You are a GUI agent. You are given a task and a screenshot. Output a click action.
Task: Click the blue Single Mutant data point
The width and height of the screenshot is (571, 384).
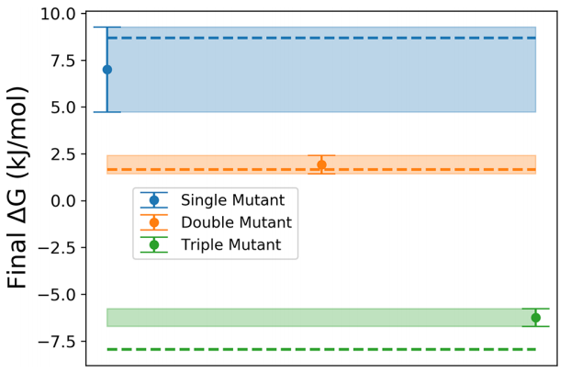107,70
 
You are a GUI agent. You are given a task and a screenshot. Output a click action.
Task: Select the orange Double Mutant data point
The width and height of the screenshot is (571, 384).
321,164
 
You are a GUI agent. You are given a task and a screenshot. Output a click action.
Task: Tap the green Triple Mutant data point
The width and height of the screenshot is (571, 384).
536,318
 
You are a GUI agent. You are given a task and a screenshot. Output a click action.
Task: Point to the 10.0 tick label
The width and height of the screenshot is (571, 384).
58,14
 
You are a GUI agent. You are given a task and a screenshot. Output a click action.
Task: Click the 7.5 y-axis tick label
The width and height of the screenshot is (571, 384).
63,61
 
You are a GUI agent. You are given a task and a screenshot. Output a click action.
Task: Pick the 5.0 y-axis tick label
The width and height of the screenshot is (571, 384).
63,107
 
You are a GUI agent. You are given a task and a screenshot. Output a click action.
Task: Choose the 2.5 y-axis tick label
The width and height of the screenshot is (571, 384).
63,154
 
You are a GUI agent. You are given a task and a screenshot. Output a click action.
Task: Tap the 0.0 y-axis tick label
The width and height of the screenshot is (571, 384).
63,201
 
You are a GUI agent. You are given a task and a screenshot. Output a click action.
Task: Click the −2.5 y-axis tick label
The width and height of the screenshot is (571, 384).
57,248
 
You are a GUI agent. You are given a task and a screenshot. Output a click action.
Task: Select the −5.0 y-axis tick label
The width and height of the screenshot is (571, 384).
57,295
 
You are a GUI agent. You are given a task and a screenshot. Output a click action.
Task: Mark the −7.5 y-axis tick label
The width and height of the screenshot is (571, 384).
57,342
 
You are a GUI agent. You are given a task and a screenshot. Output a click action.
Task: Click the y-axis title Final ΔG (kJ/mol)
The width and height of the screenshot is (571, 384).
17,188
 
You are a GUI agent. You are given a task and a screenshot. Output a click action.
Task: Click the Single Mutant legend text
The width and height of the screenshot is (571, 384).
232,200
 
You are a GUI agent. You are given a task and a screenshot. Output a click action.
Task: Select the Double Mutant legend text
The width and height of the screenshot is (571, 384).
236,222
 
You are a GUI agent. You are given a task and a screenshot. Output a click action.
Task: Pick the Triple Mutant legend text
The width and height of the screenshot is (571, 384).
231,245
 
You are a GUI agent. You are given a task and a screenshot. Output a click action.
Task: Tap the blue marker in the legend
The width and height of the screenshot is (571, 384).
154,200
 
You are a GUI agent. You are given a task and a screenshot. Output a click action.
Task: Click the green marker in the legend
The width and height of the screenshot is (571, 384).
154,245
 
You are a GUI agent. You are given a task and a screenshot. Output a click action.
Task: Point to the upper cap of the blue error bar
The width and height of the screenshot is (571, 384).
107,28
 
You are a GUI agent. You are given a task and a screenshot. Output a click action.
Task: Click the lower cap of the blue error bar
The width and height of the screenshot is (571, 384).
107,112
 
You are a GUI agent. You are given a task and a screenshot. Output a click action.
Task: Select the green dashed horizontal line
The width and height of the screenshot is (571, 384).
321,349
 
